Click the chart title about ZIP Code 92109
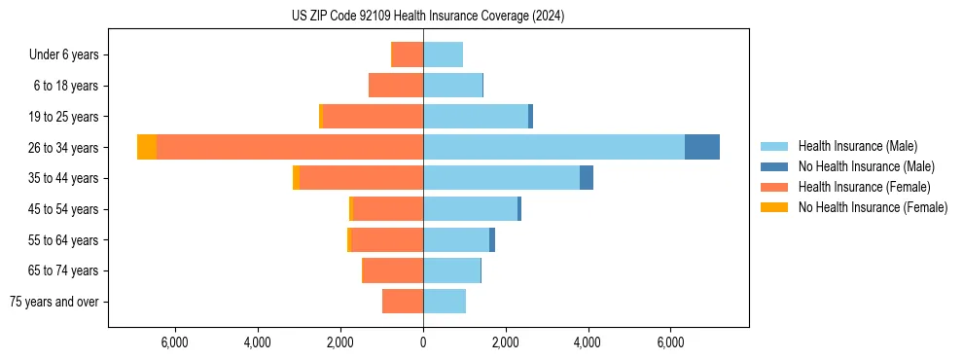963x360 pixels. pyautogui.click(x=428, y=17)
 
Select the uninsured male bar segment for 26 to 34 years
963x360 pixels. pyautogui.click(x=702, y=147)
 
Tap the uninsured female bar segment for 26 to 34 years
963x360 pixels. pyautogui.click(x=147, y=147)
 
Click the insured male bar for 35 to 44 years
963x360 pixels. pyautogui.click(x=501, y=178)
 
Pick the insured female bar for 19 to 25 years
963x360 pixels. pyautogui.click(x=373, y=117)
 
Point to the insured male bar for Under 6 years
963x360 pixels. pyautogui.click(x=443, y=54)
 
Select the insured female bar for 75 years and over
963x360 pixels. pyautogui.click(x=403, y=302)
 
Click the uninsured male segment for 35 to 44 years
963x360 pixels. pyautogui.click(x=587, y=178)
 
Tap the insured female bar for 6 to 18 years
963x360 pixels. pyautogui.click(x=396, y=86)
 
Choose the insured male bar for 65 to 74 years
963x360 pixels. pyautogui.click(x=451, y=270)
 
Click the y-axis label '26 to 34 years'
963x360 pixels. pyautogui.click(x=64, y=148)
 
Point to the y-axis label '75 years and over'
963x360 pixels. pyautogui.click(x=54, y=302)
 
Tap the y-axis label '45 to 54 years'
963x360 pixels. pyautogui.click(x=64, y=209)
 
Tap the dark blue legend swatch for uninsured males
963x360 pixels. pyautogui.click(x=774, y=166)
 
